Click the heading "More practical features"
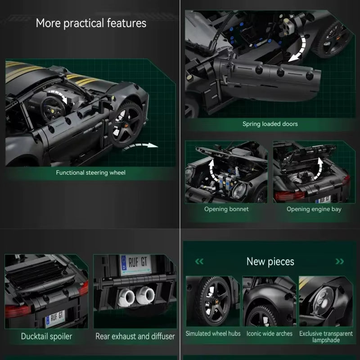(x=91, y=23)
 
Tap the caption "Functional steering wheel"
(x=91, y=172)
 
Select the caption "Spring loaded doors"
(x=270, y=124)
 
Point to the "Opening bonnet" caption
(x=226, y=209)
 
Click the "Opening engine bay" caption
(x=314, y=209)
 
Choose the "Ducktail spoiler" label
(x=46, y=336)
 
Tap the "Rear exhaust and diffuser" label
(x=135, y=336)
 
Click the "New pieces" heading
(x=270, y=262)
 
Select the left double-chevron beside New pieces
(x=199, y=261)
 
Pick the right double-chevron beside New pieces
(x=340, y=261)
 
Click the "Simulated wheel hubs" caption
(x=213, y=333)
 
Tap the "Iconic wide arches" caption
(x=269, y=333)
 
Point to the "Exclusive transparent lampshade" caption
(x=326, y=337)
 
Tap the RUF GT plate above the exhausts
(x=136, y=265)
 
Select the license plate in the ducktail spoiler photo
(x=55, y=319)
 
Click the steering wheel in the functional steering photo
(x=53, y=109)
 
